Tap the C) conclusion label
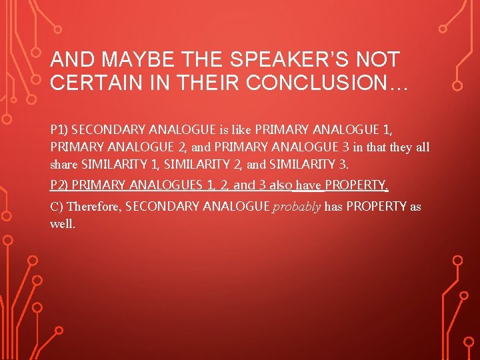[57, 207]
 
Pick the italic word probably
[297, 207]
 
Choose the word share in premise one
[64, 163]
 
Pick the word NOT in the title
[379, 60]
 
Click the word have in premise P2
[309, 185]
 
